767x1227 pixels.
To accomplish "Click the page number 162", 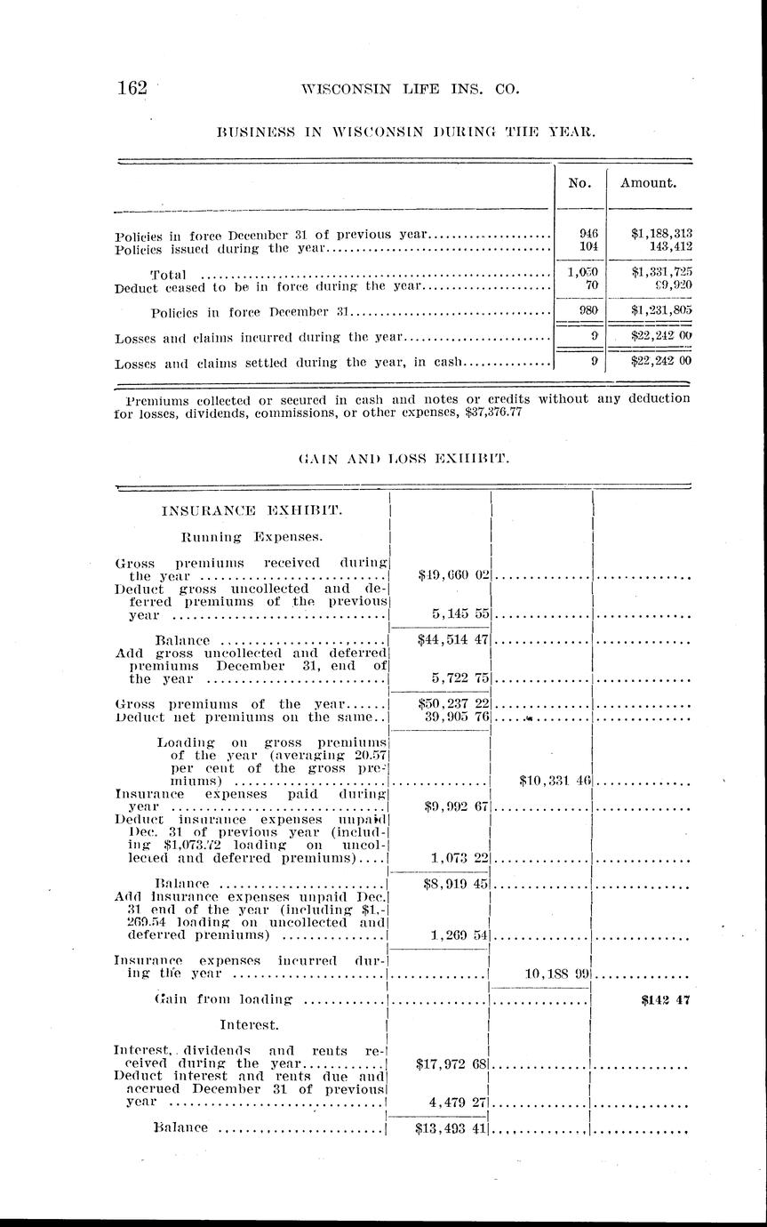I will (x=135, y=88).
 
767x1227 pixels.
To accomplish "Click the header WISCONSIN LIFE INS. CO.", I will (x=410, y=89).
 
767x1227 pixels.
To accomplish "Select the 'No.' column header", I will (x=579, y=183).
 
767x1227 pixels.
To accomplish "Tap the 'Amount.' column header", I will (x=649, y=183).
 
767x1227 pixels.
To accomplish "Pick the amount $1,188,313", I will (x=661, y=234).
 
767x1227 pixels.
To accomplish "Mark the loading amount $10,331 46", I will (x=555, y=781).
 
